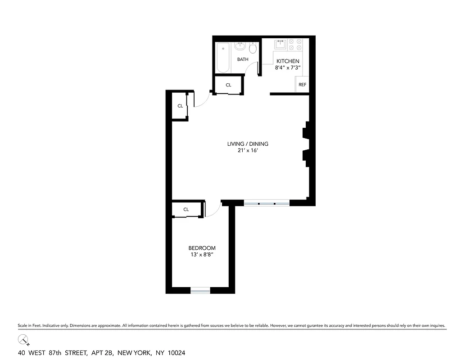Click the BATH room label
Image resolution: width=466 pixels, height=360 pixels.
pyautogui.click(x=243, y=59)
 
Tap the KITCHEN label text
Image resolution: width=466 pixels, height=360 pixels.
pyautogui.click(x=288, y=61)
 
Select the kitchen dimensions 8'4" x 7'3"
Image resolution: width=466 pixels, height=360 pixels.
pyautogui.click(x=288, y=67)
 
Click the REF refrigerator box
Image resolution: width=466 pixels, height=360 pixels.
pyautogui.click(x=302, y=85)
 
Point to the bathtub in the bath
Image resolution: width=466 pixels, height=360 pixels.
pyautogui.click(x=223, y=57)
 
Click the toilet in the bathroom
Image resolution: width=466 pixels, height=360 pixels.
pyautogui.click(x=253, y=48)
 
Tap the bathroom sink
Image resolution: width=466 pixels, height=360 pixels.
pyautogui.click(x=241, y=46)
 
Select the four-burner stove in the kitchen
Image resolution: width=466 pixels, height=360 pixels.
pyautogui.click(x=295, y=44)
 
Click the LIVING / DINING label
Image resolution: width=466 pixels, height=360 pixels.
pyautogui.click(x=248, y=144)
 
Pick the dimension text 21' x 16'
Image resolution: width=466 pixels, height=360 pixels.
pyautogui.click(x=248, y=151)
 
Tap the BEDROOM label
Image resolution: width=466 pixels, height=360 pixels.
pyautogui.click(x=202, y=248)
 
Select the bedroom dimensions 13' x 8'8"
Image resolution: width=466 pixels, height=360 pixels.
pyautogui.click(x=201, y=255)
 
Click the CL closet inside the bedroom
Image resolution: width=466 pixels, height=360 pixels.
pyautogui.click(x=186, y=209)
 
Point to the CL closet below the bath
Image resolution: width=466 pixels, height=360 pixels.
pyautogui.click(x=228, y=85)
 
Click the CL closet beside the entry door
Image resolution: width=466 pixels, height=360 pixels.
pyautogui.click(x=180, y=106)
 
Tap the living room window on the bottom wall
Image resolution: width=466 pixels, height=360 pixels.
pyautogui.click(x=267, y=203)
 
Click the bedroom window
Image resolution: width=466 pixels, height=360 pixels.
pyautogui.click(x=200, y=291)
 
